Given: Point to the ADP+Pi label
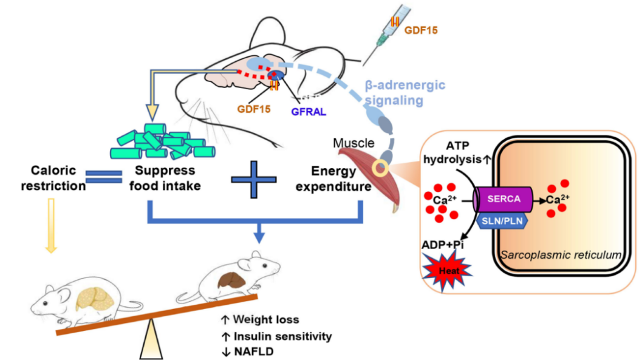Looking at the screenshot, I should click(x=442, y=244).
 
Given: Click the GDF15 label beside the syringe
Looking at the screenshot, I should click(x=420, y=29).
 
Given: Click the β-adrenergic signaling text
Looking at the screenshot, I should click(x=405, y=93).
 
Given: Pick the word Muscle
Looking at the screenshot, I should click(x=353, y=144).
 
